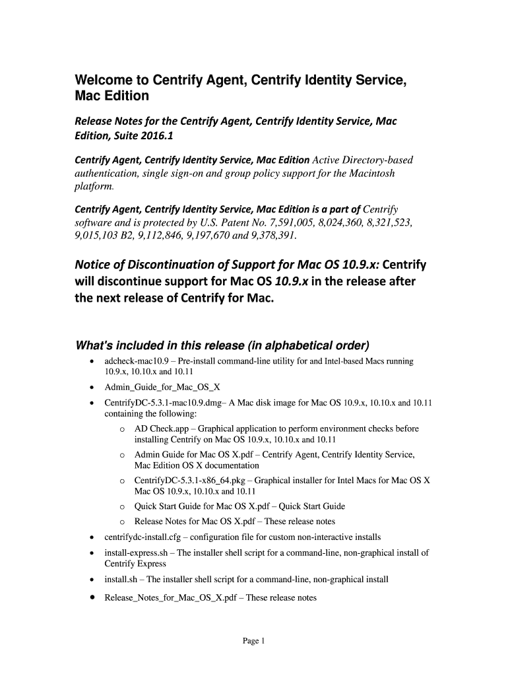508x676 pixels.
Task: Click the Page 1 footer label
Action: [253, 640]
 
